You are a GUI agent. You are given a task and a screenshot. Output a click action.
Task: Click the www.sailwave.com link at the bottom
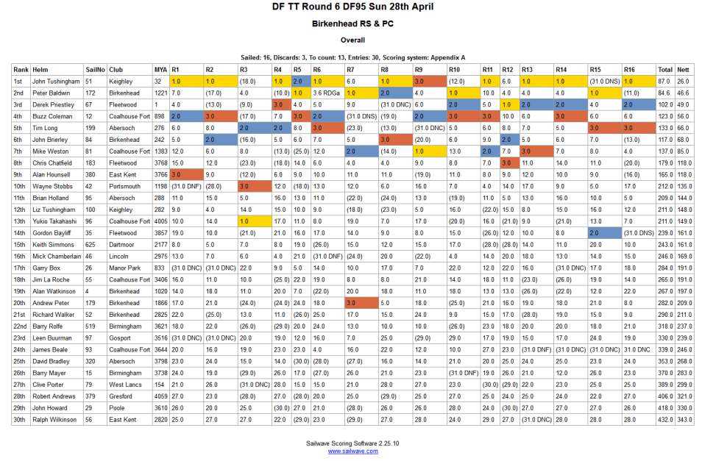pyautogui.click(x=352, y=451)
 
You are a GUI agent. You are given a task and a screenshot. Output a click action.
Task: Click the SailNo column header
pyautogui.click(x=95, y=69)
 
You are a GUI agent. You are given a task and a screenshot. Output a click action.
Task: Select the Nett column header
pyautogui.click(x=684, y=69)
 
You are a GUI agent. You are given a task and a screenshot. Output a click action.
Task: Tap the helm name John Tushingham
pyautogui.click(x=56, y=82)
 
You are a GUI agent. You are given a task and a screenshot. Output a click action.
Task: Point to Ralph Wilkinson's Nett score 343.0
pyautogui.click(x=684, y=419)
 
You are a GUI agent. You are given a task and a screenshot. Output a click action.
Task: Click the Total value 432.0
pyautogui.click(x=665, y=419)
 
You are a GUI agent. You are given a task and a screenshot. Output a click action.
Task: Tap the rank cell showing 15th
pyautogui.click(x=19, y=244)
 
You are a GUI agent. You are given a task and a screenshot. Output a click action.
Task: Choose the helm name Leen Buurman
pyautogui.click(x=52, y=337)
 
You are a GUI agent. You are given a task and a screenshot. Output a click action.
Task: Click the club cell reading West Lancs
pyautogui.click(x=125, y=384)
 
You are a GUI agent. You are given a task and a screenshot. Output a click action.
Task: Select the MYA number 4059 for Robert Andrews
pyautogui.click(x=161, y=396)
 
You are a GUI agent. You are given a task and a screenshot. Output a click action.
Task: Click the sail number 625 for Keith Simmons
pyautogui.click(x=91, y=244)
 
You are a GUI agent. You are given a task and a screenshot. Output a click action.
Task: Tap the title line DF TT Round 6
pyautogui.click(x=351, y=7)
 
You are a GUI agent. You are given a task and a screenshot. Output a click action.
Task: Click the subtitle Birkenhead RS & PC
pyautogui.click(x=352, y=24)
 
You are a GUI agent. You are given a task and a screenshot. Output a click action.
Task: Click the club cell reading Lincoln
pyautogui.click(x=119, y=256)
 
